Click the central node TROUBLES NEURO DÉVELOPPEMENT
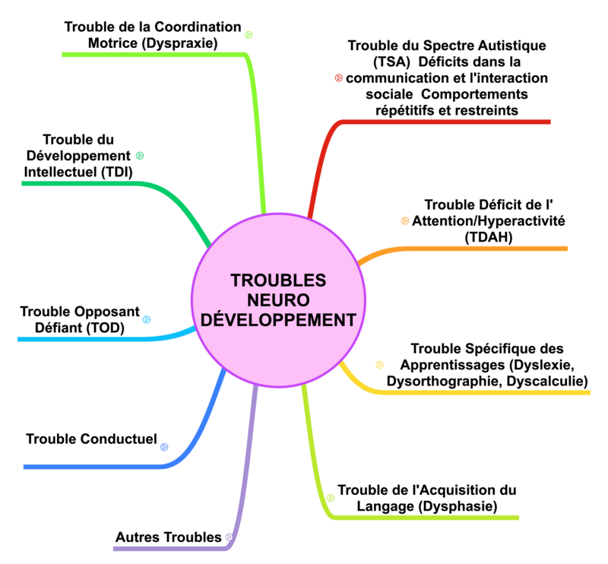click(278, 300)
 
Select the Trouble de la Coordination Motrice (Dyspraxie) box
click(152, 35)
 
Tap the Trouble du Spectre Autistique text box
click(447, 78)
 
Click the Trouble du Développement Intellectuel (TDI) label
click(78, 156)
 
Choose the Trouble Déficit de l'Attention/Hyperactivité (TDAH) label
click(489, 221)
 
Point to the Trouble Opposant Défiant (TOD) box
click(79, 320)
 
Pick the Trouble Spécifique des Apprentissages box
click(487, 365)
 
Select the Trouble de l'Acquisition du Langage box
click(426, 498)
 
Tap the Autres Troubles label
click(168, 537)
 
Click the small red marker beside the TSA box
click(338, 77)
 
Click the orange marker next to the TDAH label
click(404, 221)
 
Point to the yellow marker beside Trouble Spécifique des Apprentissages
click(379, 365)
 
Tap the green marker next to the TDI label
click(140, 156)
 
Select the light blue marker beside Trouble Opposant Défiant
click(147, 320)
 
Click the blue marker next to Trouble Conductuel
click(164, 447)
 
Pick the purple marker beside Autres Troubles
click(229, 538)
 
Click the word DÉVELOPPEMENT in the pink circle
click(278, 320)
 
